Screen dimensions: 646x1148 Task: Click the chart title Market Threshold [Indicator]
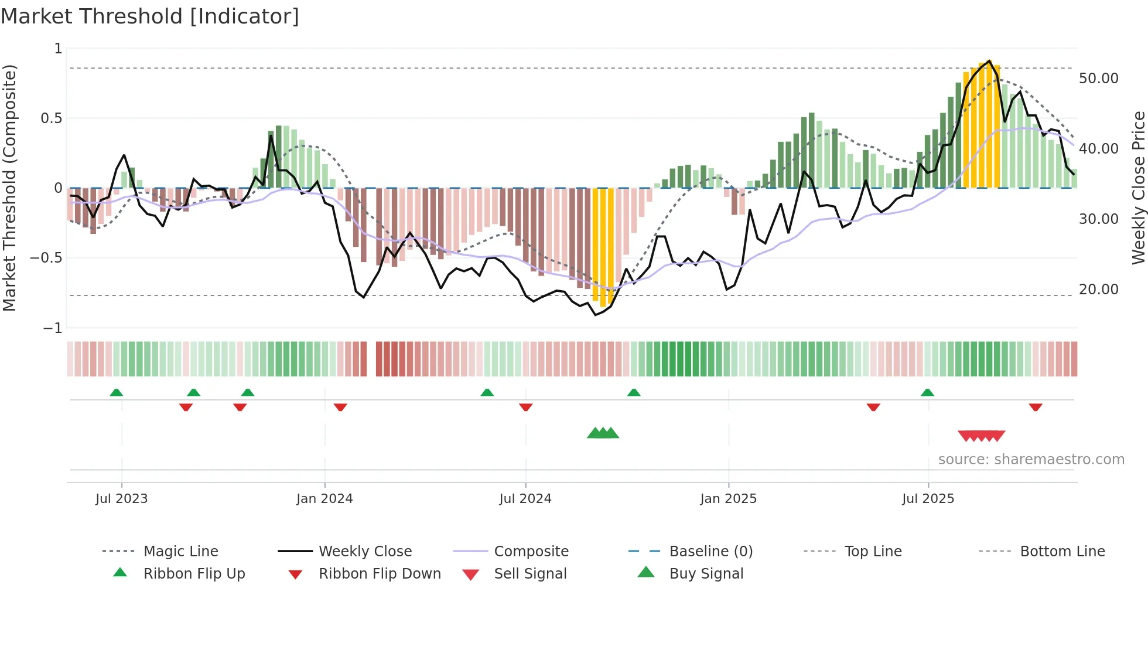[150, 16]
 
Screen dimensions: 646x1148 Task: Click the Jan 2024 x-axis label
[324, 499]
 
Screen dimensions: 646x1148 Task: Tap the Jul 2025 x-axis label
[928, 499]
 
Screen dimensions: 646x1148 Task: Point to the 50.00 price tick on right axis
[1098, 79]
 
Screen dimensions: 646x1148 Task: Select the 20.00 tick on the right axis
[1098, 290]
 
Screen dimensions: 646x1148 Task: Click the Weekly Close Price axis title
[1138, 188]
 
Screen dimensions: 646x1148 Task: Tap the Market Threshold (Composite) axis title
[9, 188]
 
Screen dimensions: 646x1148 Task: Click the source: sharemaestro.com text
[1031, 460]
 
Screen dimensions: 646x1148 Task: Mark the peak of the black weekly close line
[990, 61]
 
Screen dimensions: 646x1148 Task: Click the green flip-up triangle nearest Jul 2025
[927, 393]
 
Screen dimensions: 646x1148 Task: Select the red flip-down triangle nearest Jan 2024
[340, 407]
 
